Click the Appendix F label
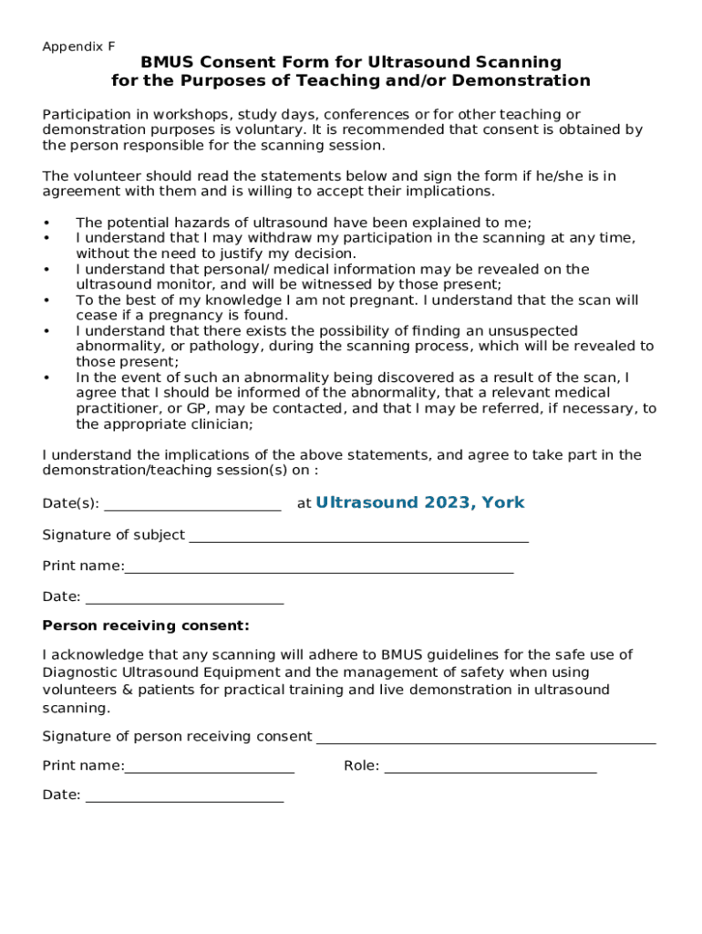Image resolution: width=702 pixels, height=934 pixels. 78,47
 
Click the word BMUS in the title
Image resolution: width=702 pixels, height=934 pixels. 170,62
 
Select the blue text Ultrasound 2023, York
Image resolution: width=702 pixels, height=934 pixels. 419,503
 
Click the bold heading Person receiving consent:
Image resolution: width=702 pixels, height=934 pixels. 146,626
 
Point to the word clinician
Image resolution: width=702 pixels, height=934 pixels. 217,424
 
